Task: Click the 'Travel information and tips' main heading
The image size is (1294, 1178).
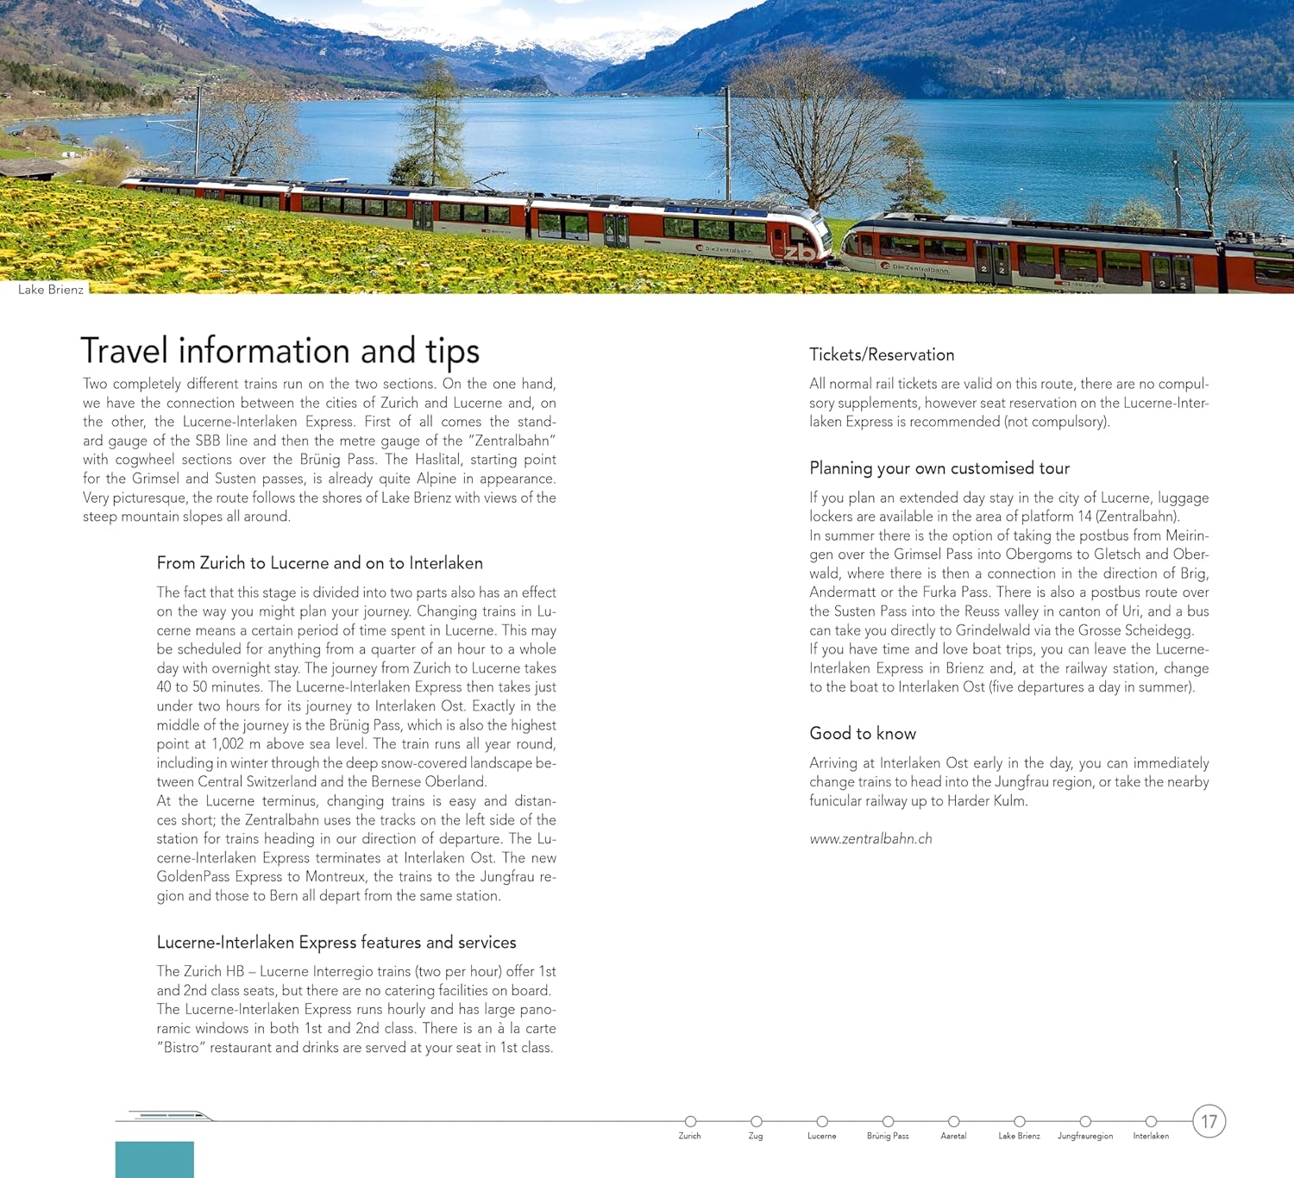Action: [x=280, y=351]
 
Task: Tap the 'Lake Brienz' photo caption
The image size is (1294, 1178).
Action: [x=51, y=290]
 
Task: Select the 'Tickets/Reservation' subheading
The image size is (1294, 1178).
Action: [x=881, y=354]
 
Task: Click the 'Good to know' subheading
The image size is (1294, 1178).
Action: [x=862, y=733]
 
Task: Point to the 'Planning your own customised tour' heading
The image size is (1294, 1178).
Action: [x=939, y=468]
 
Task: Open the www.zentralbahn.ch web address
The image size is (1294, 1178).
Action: [x=870, y=838]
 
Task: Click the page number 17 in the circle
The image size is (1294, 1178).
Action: [x=1209, y=1121]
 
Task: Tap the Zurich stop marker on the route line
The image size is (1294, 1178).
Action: [x=690, y=1121]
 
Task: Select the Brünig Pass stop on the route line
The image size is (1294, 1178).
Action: [x=888, y=1121]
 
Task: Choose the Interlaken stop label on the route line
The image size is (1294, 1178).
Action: [x=1151, y=1136]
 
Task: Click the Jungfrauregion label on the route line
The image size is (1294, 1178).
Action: [x=1085, y=1136]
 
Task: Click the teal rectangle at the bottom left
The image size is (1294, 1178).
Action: [x=154, y=1159]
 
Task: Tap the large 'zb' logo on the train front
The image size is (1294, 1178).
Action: [x=799, y=253]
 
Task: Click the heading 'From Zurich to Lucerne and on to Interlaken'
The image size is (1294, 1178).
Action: [x=319, y=563]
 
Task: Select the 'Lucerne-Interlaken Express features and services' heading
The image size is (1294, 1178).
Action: [x=336, y=943]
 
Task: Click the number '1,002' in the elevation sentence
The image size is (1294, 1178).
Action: [x=228, y=744]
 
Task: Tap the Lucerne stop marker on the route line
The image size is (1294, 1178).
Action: [x=822, y=1121]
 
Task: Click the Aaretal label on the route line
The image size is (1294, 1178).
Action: [x=953, y=1136]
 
